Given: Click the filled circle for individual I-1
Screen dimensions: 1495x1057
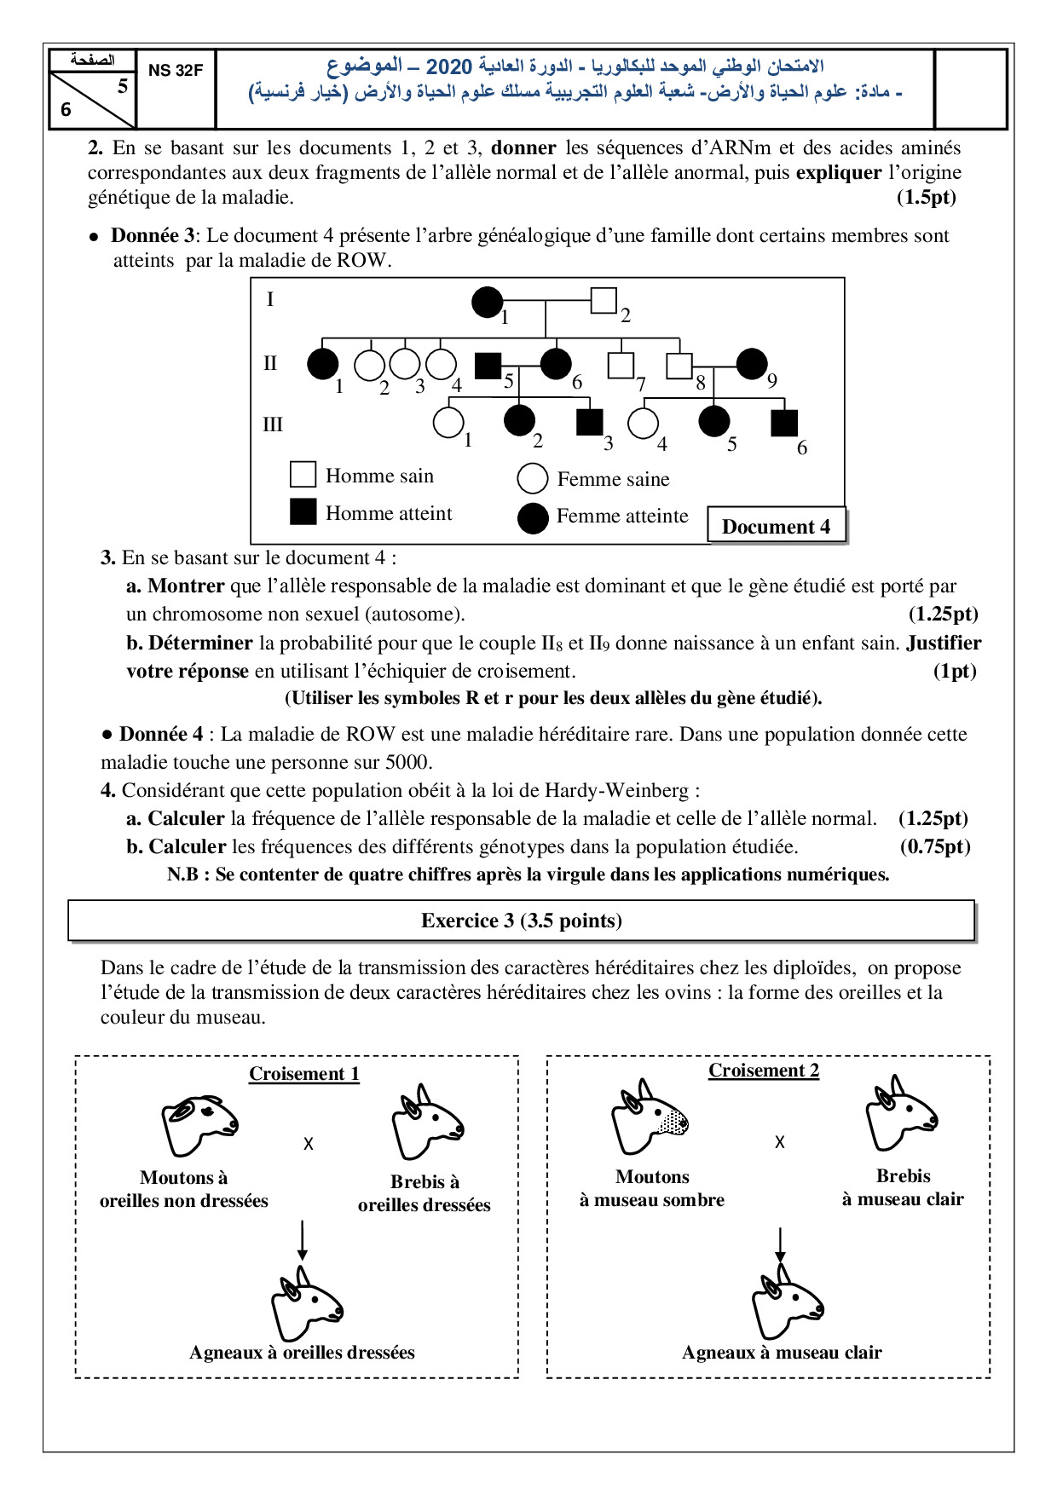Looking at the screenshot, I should [x=488, y=302].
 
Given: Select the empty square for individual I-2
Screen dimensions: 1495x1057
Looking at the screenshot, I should [x=604, y=300].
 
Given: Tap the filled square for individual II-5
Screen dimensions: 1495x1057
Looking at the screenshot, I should [x=488, y=365].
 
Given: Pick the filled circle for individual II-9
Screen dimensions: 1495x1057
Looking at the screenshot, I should [x=751, y=363].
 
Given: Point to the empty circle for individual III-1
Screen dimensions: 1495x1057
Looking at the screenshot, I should [x=448, y=421].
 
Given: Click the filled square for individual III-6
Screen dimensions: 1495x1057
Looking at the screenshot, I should [x=783, y=424].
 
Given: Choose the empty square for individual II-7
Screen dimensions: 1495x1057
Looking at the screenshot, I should [x=621, y=365].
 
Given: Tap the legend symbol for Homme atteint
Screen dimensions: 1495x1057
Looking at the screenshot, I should [x=303, y=511].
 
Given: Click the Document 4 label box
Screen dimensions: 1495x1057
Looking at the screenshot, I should [x=776, y=526].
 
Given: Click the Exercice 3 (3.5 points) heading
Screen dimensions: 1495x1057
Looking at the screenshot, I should [x=521, y=921].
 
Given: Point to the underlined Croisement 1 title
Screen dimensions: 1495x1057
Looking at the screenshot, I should [x=303, y=1073].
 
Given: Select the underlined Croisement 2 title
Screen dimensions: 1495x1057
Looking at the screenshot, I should [x=764, y=1071].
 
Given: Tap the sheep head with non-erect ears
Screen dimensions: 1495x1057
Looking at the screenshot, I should [x=199, y=1125].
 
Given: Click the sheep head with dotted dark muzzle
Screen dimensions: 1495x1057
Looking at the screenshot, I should [x=649, y=1117].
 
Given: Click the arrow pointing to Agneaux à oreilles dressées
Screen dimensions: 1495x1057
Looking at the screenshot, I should [x=302, y=1240].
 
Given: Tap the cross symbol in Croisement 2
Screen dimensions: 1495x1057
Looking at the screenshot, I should [x=779, y=1142].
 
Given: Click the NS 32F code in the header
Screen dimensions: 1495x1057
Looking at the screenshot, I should [x=176, y=71].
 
